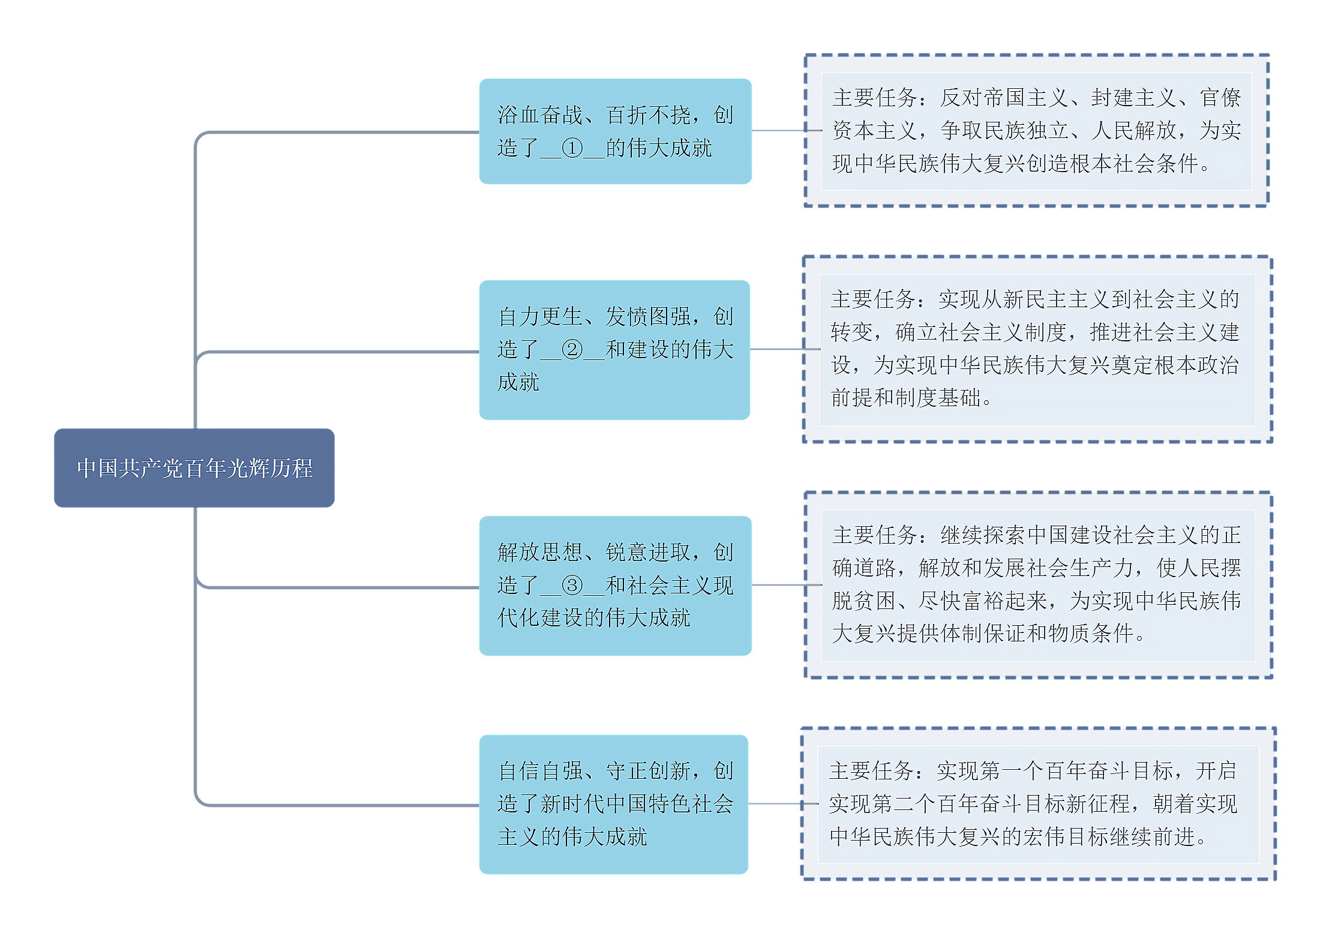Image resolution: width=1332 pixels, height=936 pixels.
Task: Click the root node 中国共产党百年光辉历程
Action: pyautogui.click(x=194, y=468)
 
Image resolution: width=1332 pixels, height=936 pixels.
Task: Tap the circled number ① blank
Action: pyautogui.click(x=572, y=148)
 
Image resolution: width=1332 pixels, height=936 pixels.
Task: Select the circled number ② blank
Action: pyautogui.click(x=572, y=349)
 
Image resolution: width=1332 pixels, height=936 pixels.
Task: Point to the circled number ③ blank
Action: pyautogui.click(x=572, y=585)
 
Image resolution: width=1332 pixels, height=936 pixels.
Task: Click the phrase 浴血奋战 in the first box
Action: pyautogui.click(x=540, y=115)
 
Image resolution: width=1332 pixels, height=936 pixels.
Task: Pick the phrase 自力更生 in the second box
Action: pyautogui.click(x=540, y=317)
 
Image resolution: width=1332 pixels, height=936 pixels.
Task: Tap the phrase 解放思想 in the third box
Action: pyautogui.click(x=540, y=553)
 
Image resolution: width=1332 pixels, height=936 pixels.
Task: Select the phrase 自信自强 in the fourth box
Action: pyautogui.click(x=540, y=771)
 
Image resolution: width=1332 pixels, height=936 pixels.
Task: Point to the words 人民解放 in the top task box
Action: pyautogui.click(x=1133, y=130)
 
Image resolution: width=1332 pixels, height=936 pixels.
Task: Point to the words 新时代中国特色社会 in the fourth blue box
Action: pyautogui.click(x=637, y=804)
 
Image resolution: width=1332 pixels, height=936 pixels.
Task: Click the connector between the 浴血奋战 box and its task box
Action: pyautogui.click(x=778, y=130)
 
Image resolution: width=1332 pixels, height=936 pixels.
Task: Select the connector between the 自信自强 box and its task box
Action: pyautogui.click(x=775, y=804)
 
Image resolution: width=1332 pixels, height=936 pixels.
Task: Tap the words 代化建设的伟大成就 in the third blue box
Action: pyautogui.click(x=594, y=618)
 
